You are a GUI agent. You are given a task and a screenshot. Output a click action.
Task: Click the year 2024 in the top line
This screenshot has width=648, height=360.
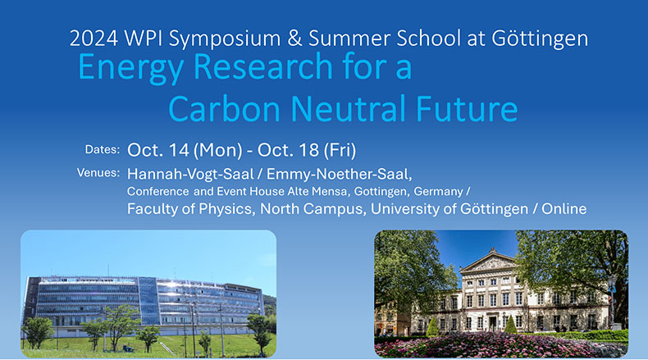(94, 39)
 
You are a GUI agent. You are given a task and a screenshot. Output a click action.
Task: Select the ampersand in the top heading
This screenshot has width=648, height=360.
(294, 39)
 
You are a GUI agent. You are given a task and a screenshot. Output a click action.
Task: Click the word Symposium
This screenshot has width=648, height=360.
(225, 39)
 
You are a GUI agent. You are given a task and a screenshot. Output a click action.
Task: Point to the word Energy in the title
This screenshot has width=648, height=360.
(130, 68)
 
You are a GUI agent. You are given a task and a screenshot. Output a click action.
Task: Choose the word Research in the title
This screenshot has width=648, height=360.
(262, 66)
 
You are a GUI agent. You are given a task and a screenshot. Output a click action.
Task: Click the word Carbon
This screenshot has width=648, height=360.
(225, 109)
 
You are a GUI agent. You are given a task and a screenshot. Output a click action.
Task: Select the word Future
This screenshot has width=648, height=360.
(467, 109)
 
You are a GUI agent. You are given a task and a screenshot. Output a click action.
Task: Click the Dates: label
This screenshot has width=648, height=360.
(103, 149)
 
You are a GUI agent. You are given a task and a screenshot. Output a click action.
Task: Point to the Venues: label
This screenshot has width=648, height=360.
(98, 173)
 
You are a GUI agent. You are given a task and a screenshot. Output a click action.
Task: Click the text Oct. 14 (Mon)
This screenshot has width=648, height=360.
(185, 150)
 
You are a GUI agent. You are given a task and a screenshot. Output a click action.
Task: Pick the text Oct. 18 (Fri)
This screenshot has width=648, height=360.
(307, 150)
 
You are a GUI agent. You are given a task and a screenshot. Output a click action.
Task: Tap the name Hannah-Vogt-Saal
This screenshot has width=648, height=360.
(190, 174)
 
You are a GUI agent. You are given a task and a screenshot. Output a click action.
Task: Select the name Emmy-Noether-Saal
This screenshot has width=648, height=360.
(340, 174)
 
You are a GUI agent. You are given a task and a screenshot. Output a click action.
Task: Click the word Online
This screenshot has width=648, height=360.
(564, 209)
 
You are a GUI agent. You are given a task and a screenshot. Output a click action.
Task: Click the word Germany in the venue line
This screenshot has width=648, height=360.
(439, 192)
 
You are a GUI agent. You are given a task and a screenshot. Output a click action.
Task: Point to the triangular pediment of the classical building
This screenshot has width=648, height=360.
(491, 262)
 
